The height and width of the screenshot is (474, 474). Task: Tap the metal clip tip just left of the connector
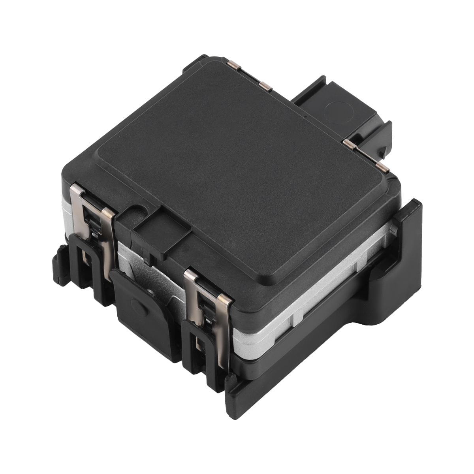265,85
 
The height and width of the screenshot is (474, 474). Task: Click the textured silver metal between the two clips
150,269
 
